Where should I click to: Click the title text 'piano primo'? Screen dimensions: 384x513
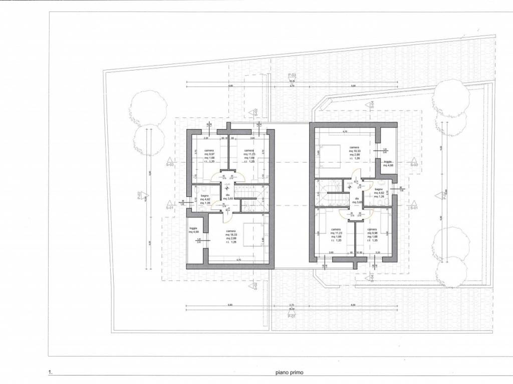289,372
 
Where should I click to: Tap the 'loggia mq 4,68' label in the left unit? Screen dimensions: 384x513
194,230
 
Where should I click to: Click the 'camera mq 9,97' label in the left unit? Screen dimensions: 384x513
209,156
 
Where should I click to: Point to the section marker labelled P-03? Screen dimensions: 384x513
292,75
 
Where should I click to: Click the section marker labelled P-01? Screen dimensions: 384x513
292,315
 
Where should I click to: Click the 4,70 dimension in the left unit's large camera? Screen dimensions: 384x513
239,260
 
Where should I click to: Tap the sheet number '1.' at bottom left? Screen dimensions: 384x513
50,372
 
